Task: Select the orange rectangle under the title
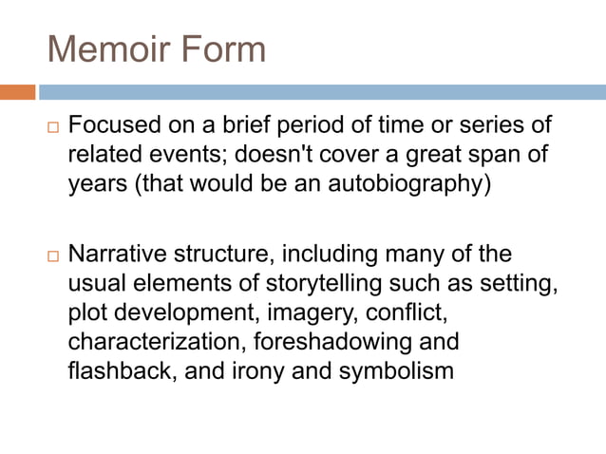pyautogui.click(x=18, y=92)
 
